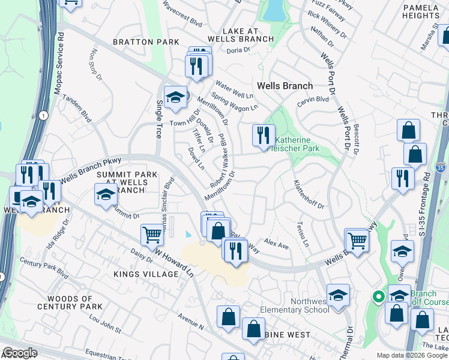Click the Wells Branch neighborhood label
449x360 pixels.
pyautogui.click(x=285, y=86)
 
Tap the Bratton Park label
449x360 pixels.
pyautogui.click(x=146, y=42)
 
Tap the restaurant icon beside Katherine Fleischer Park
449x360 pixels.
pyautogui.click(x=263, y=136)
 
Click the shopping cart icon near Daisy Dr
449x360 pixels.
pyautogui.click(x=152, y=235)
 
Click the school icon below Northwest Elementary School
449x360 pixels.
pyautogui.click(x=339, y=295)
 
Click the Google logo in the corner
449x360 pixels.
pyautogui.click(x=19, y=353)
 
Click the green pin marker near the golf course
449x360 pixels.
pyautogui.click(x=379, y=296)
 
